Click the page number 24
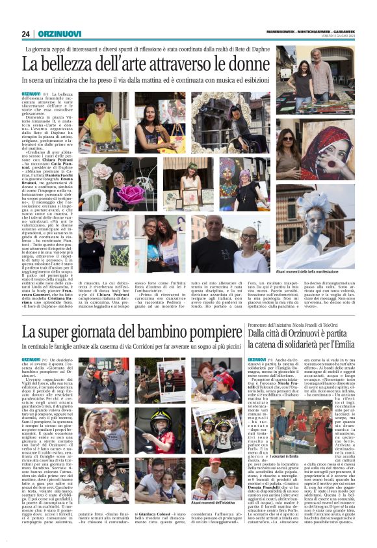(25, 34)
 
